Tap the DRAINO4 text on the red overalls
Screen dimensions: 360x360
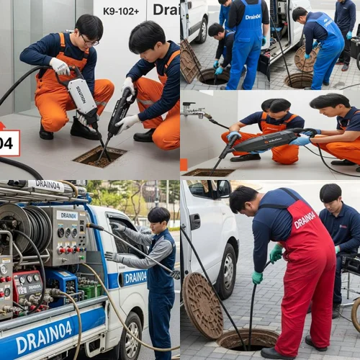coord(305,220)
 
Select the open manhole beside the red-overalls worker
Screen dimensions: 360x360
coord(248,338)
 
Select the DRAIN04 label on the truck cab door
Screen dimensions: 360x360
coord(134,277)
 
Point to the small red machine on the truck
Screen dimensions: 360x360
coord(27,287)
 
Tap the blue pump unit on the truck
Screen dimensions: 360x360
coord(63,284)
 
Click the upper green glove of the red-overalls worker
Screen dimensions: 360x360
coord(276,253)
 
